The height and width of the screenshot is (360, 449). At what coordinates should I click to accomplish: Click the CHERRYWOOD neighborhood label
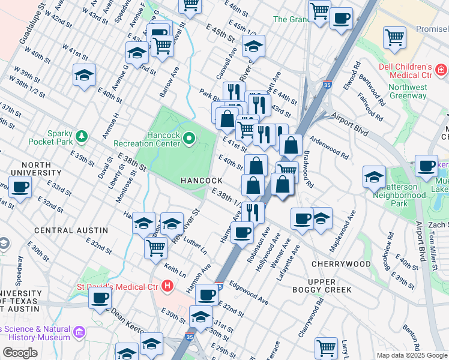click(341, 264)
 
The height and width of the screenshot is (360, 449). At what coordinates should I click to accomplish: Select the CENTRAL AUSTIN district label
click(71, 230)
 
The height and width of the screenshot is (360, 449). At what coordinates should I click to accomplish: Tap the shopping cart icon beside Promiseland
click(394, 37)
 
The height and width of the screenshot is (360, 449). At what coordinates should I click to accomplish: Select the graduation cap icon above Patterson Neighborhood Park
click(374, 177)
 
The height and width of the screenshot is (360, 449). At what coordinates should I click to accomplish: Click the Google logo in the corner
click(20, 352)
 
